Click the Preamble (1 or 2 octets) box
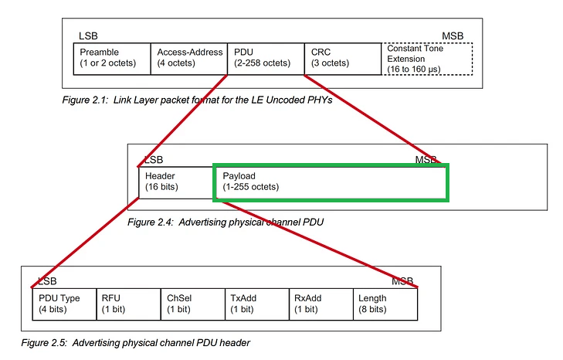coord(112,59)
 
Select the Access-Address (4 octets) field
coord(189,59)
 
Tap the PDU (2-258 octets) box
coord(266,59)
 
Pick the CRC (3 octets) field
coord(343,59)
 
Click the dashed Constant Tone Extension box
coord(427,59)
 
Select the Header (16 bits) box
coord(176,182)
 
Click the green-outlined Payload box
coord(331,182)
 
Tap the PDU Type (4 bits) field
coord(64,304)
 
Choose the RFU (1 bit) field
coord(128,304)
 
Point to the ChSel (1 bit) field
coord(193,304)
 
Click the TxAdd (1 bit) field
coord(257,304)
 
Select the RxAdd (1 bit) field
coord(321,304)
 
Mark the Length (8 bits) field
coord(385,304)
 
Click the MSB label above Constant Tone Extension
coord(453,36)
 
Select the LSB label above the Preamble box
coord(88,36)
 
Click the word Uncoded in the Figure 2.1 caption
coord(281,100)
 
